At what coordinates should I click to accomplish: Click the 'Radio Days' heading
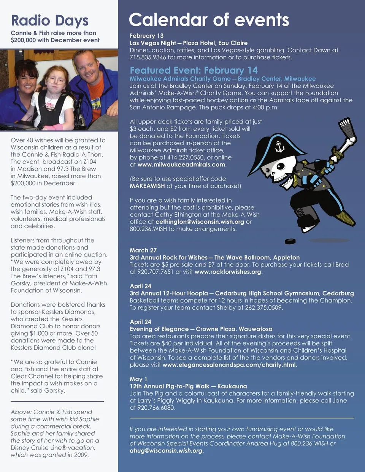point(49,21)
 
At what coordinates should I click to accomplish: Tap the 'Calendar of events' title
point(209,20)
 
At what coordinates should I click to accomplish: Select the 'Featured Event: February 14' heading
point(194,70)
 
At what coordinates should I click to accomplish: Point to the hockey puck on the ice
point(290,241)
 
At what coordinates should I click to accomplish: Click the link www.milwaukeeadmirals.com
point(181,165)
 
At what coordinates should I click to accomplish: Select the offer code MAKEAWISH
point(147,186)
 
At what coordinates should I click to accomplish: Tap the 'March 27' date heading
point(143,250)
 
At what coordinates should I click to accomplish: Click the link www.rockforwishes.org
point(228,272)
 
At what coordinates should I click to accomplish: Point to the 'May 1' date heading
point(138,379)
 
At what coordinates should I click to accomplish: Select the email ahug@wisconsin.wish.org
point(166,451)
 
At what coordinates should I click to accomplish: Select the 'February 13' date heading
point(146,36)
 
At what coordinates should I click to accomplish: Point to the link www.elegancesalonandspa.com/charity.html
point(229,365)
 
